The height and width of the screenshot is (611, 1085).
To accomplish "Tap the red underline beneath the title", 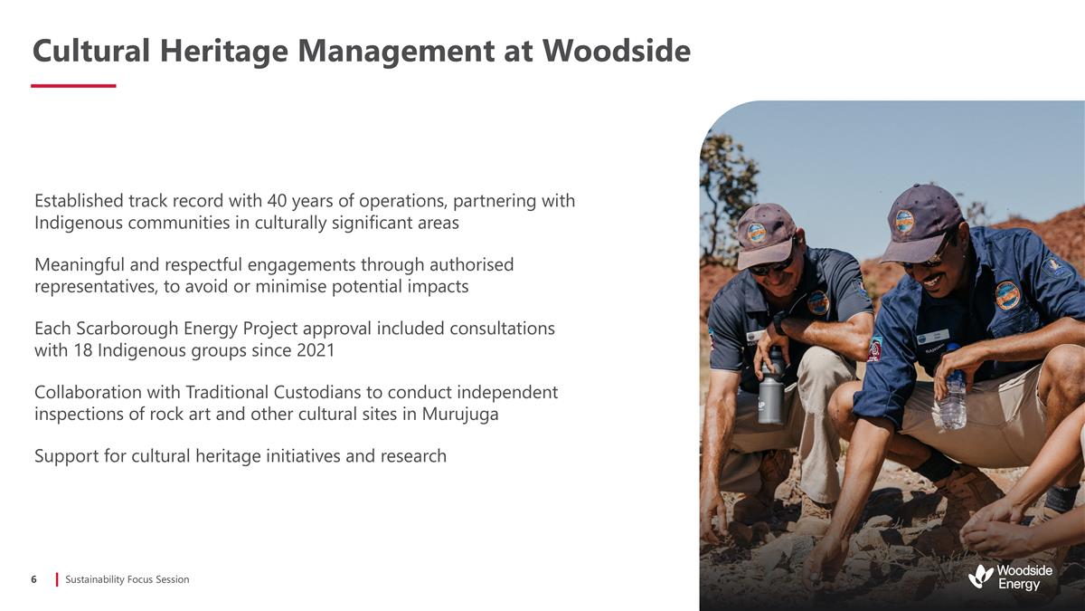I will (x=73, y=86).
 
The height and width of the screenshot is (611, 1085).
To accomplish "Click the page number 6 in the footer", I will (x=33, y=579).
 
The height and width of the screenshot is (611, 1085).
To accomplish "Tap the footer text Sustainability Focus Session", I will (x=127, y=579).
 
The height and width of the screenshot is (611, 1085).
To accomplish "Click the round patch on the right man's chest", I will (x=1007, y=295).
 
